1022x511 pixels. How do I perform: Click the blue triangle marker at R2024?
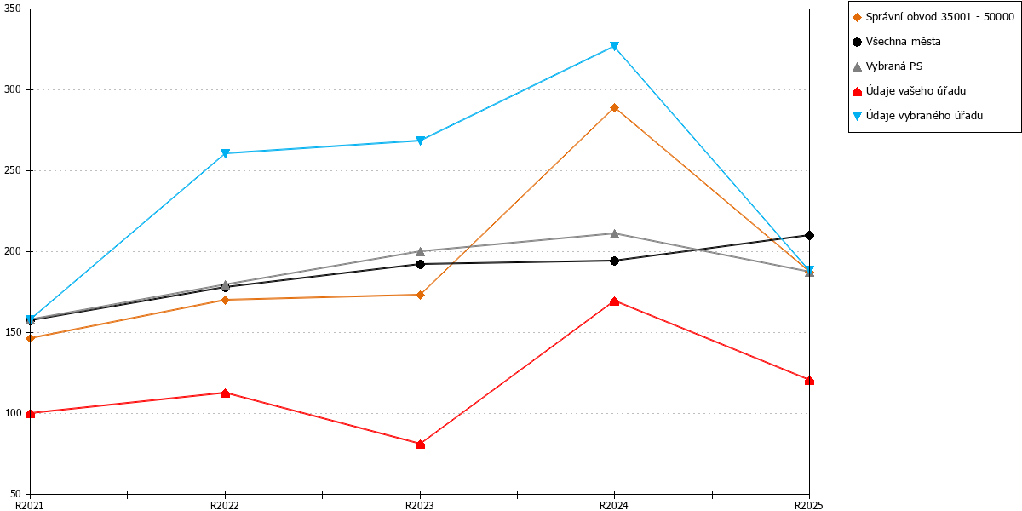[x=615, y=46]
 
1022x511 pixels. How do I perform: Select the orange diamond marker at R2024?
[x=615, y=107]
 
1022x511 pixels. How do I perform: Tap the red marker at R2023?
[x=420, y=444]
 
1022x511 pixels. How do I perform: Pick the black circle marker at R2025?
[x=809, y=235]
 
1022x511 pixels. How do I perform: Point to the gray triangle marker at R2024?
[x=615, y=233]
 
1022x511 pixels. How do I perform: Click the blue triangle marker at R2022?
[x=225, y=152]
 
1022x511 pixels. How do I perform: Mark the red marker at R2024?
[x=615, y=301]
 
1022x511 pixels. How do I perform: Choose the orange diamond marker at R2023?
[x=420, y=295]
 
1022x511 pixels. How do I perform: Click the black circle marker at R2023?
[x=420, y=264]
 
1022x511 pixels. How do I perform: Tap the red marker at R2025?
[x=809, y=381]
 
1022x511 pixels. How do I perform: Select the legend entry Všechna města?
[x=897, y=42]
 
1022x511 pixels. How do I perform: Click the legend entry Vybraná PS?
[x=887, y=66]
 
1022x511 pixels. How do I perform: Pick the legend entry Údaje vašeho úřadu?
[x=909, y=91]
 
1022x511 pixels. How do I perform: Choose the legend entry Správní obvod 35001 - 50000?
[x=933, y=17]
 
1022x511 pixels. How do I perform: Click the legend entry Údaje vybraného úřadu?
[x=917, y=116]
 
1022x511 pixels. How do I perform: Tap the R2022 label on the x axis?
[x=225, y=505]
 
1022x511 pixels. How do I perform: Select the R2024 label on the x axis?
[x=614, y=505]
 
